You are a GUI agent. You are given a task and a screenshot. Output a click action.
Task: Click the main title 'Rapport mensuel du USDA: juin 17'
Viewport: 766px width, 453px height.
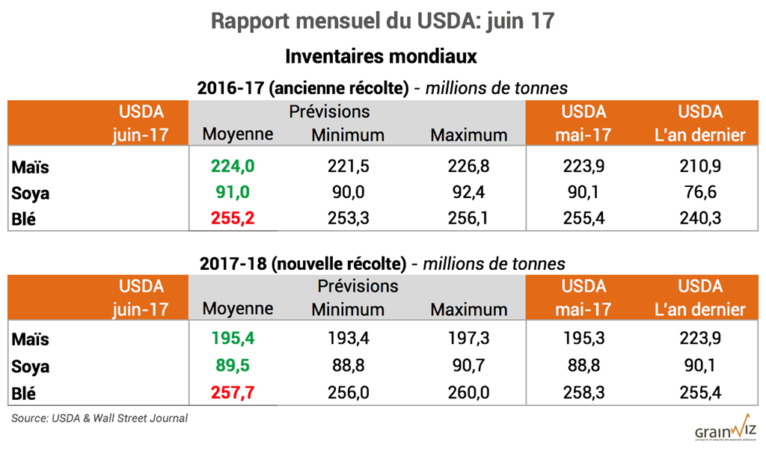(x=382, y=21)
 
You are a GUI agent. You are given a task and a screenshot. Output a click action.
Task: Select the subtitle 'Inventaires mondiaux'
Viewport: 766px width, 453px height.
(x=382, y=56)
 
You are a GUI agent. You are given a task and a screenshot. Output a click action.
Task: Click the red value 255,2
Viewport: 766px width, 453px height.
(x=233, y=218)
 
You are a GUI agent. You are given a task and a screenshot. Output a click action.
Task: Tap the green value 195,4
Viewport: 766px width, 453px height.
(x=233, y=339)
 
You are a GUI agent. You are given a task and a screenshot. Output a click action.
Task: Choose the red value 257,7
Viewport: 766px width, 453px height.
(x=233, y=392)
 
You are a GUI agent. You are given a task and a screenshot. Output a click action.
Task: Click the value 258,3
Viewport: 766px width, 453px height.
(x=586, y=392)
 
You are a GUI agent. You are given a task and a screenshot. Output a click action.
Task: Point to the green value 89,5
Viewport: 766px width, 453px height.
(x=233, y=366)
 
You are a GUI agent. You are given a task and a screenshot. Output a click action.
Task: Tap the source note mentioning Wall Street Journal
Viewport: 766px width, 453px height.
(x=99, y=419)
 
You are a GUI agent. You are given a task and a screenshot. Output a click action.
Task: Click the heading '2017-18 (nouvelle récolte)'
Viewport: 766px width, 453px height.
(x=303, y=264)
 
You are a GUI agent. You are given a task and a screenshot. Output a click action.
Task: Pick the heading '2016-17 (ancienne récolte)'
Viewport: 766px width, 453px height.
(x=303, y=88)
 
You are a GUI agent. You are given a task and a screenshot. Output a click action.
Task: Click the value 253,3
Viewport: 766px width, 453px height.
(x=348, y=218)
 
